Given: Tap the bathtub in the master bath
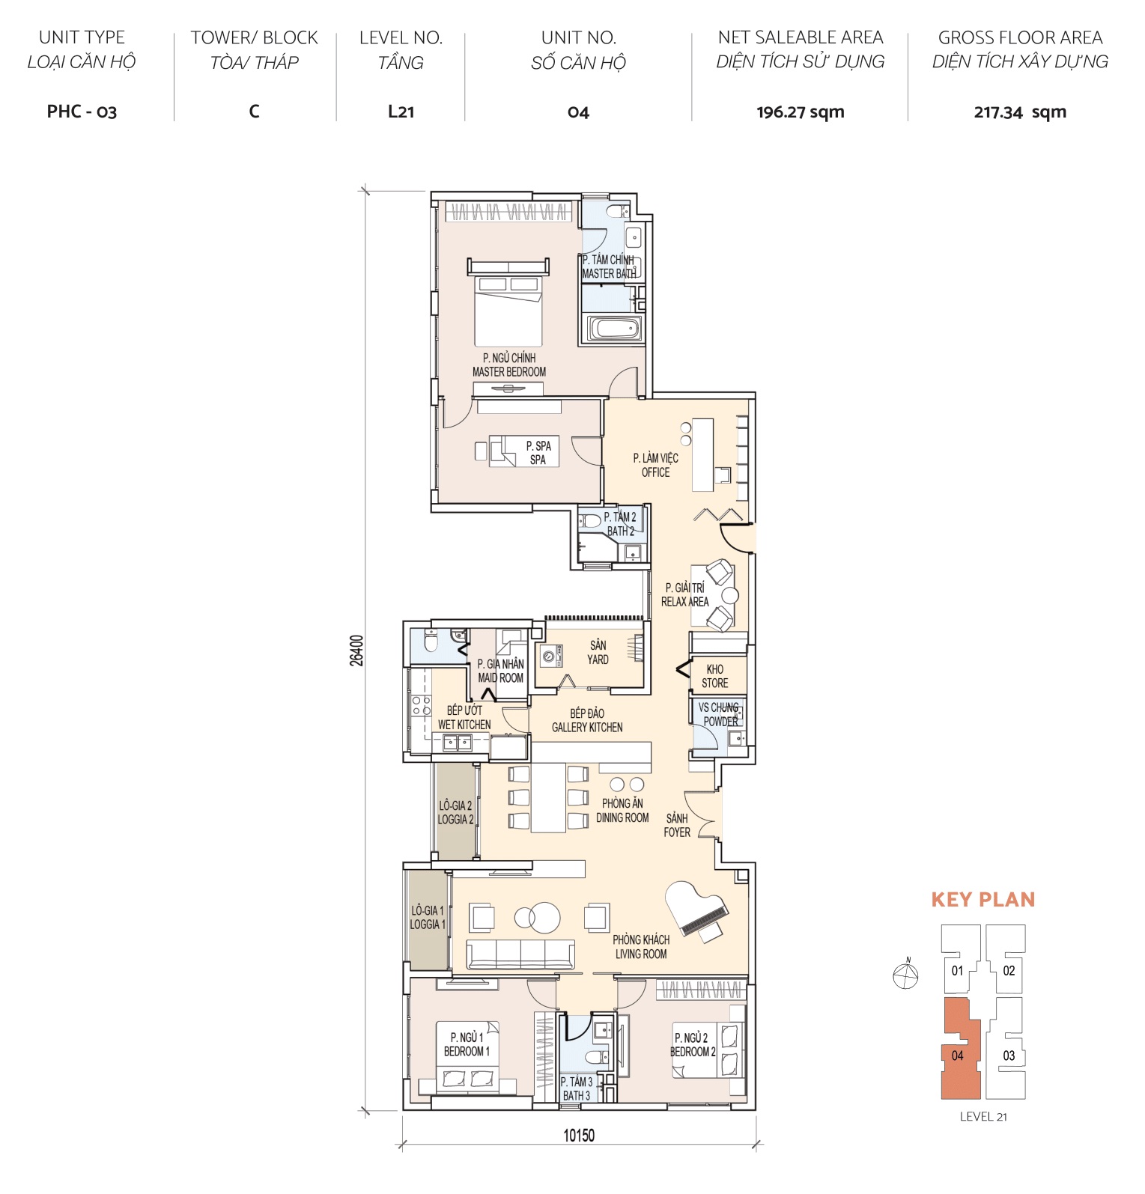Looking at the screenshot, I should [x=615, y=329].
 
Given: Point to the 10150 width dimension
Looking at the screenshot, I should [x=578, y=1135].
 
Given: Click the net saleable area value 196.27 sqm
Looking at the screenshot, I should [x=800, y=112].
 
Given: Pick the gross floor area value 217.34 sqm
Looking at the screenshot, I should [x=1019, y=112].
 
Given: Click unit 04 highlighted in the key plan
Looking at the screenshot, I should [x=957, y=1056].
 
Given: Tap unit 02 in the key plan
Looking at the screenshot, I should [x=1009, y=971].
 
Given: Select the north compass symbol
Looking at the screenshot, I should [x=906, y=975].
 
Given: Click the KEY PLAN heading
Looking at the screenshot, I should [x=982, y=899].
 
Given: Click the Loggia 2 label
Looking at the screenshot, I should [x=455, y=812].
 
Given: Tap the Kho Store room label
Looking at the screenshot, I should [x=714, y=676].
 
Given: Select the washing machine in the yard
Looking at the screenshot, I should [x=550, y=656].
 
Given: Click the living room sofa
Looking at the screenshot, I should [x=520, y=954].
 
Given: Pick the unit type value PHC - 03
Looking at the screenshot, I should [x=82, y=112].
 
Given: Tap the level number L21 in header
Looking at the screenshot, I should [x=401, y=112].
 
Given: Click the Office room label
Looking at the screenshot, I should [x=655, y=465].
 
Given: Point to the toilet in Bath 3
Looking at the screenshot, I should [x=597, y=1056].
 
